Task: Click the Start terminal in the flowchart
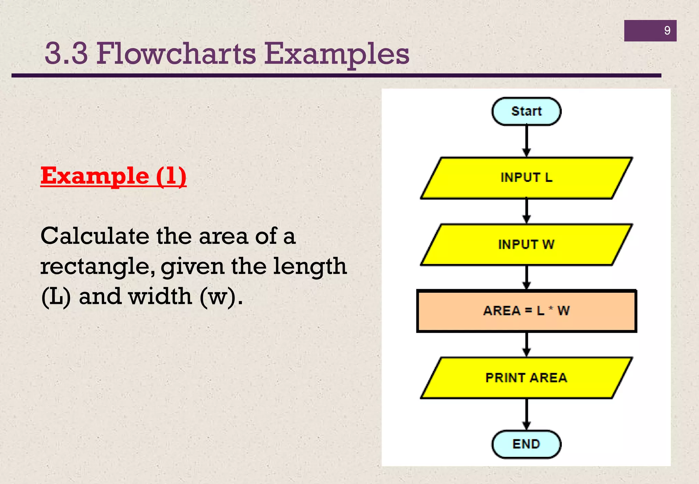(x=526, y=111)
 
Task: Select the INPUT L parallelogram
(x=526, y=178)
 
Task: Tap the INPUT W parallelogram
(x=526, y=244)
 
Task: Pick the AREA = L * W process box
(x=526, y=311)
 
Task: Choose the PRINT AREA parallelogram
(x=526, y=378)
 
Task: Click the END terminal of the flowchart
(x=526, y=444)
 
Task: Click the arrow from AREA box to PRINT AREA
(x=527, y=344)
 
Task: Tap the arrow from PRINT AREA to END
(x=527, y=414)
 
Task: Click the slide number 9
(x=667, y=31)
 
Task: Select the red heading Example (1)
(x=113, y=176)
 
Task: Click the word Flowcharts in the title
(x=176, y=54)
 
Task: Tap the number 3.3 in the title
(x=66, y=54)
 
